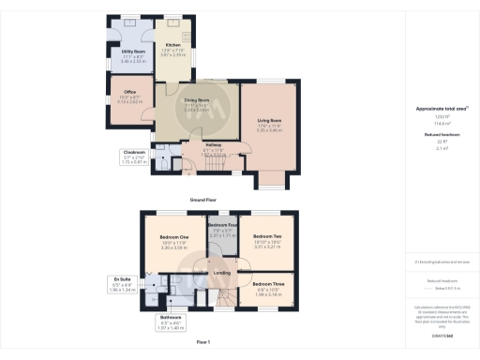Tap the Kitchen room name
(x=172, y=45)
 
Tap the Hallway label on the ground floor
(x=213, y=144)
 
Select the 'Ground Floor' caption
(x=203, y=200)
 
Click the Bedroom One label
(x=174, y=236)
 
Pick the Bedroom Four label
(x=222, y=226)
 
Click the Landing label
(x=222, y=273)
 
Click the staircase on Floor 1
(x=229, y=297)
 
